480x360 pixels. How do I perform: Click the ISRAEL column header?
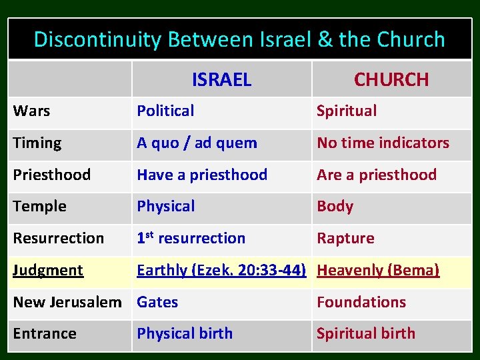[221, 80]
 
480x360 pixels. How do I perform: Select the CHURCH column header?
[391, 80]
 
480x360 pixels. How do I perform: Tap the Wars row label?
[31, 111]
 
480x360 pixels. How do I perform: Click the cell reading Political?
[165, 111]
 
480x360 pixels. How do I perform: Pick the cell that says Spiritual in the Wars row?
[347, 111]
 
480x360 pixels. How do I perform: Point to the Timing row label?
[37, 143]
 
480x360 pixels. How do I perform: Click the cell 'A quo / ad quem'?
[197, 143]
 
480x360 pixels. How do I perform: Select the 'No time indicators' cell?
[383, 143]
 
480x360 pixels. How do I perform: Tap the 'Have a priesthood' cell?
[202, 175]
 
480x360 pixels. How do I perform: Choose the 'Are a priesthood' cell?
[377, 175]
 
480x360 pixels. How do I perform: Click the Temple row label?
[39, 207]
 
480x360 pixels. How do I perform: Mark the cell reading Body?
[335, 207]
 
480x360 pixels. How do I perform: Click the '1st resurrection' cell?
[191, 238]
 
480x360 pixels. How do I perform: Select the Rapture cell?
[345, 238]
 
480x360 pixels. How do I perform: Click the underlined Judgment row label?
[48, 270]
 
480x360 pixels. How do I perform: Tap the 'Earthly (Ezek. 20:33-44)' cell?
[221, 270]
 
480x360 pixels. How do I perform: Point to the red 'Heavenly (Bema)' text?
[378, 270]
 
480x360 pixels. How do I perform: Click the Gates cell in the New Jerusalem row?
[157, 302]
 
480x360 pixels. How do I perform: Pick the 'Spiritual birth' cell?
[365, 333]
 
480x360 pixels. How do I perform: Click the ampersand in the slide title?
[325, 40]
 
